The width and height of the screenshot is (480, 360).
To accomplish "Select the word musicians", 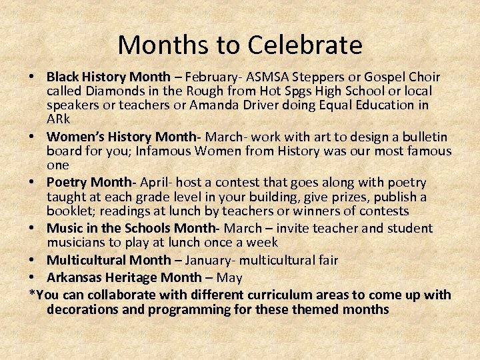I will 78,242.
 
